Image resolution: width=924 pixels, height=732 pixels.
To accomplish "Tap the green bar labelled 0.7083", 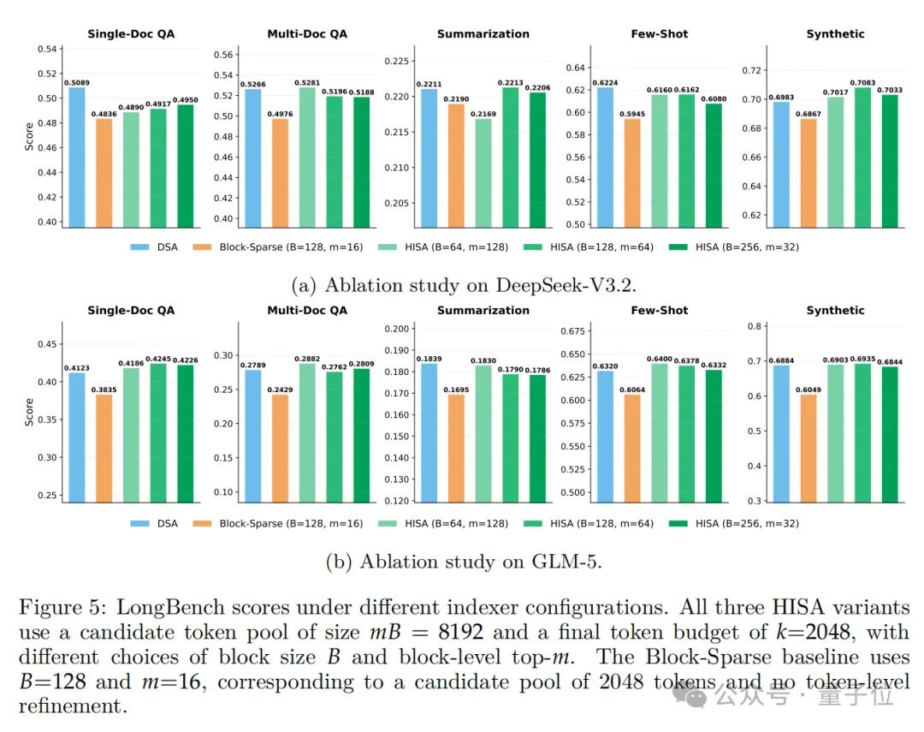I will click(862, 158).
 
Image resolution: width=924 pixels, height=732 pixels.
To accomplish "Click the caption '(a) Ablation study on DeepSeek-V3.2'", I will click(461, 284).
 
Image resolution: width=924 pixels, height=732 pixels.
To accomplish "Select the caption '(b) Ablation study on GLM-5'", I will click(461, 562).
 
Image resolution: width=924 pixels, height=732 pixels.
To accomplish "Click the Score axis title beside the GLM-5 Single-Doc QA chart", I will click(30, 411).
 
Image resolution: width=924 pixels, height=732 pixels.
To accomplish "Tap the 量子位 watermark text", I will click(864, 696).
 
